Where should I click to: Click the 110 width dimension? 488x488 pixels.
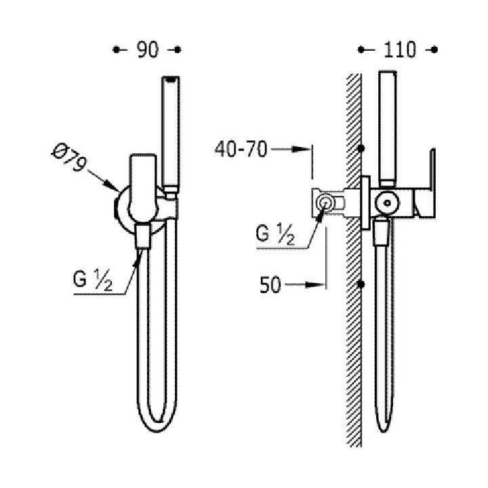coord(398,49)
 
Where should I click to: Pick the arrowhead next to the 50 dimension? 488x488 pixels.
coord(315,285)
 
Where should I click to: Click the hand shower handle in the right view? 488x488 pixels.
coord(387,129)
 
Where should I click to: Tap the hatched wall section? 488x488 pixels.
coord(354,271)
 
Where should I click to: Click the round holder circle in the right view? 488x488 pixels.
coord(387,201)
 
